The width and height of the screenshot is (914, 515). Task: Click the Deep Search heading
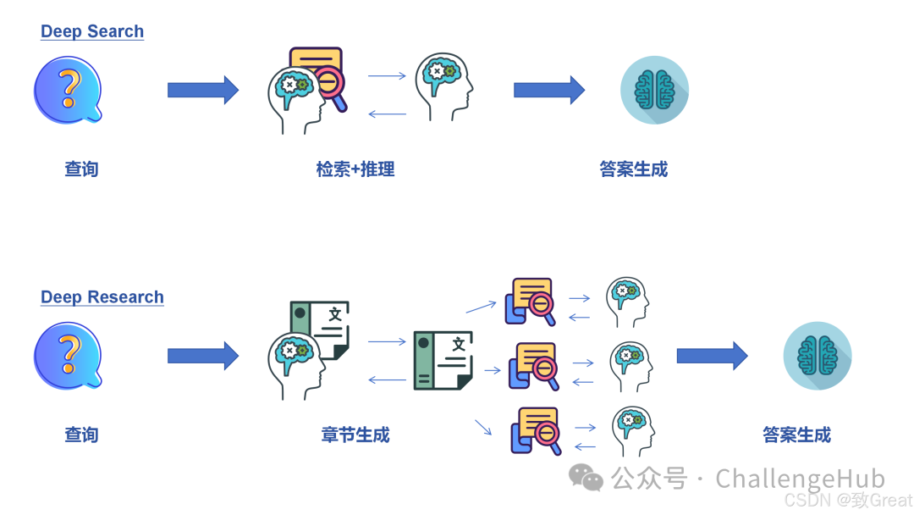92,31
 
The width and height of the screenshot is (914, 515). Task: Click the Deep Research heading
102,297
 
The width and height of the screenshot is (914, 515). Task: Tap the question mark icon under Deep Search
68,90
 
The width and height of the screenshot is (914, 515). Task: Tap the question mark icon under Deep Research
68,356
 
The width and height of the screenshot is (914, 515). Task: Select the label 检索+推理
355,169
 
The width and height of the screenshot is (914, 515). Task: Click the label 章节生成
355,435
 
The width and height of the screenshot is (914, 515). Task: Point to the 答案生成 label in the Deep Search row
634,169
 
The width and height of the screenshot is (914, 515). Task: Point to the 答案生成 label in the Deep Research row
796,435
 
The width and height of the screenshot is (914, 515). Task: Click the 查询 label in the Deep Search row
81,169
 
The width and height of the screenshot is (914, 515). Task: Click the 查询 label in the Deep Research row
81,435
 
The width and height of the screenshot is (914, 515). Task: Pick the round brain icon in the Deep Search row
654,90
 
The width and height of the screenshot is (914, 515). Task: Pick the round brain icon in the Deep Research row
817,356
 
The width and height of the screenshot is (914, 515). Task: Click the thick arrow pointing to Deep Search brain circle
548,90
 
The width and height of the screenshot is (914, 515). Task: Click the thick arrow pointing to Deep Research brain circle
711,356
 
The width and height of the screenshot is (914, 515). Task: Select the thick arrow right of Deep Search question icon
202,90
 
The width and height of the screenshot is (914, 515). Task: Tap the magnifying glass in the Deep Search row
331,88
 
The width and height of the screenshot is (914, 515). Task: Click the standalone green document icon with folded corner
443,360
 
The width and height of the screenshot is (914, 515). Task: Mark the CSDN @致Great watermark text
848,500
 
